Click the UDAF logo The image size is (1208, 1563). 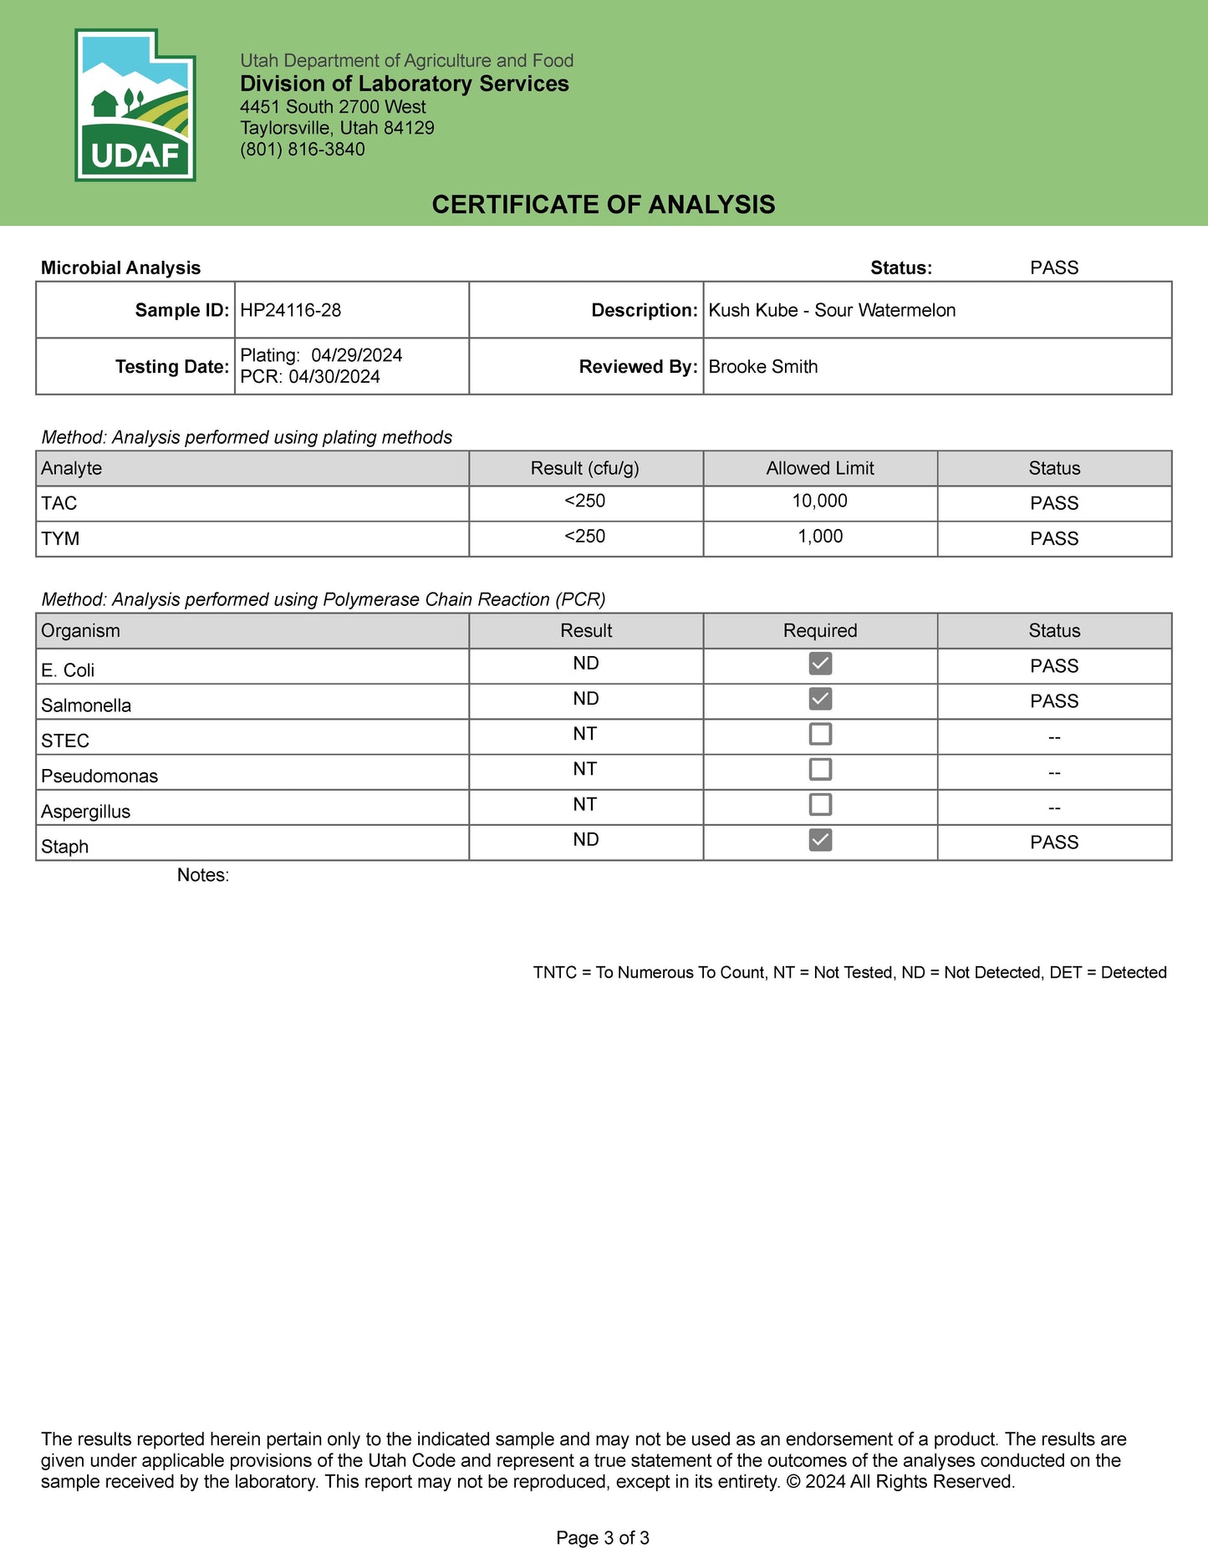pos(135,105)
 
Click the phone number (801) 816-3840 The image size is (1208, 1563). pos(302,150)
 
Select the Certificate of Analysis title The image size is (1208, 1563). pos(603,205)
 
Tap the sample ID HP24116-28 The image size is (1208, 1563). pos(290,310)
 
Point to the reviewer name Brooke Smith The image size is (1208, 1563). pos(762,367)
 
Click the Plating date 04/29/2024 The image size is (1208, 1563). pos(356,355)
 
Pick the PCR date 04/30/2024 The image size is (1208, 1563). pos(334,377)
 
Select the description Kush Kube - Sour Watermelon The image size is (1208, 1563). pos(831,310)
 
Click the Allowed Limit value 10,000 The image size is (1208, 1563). pos(819,501)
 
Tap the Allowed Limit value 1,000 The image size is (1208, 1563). pos(819,537)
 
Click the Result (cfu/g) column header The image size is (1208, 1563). pos(584,469)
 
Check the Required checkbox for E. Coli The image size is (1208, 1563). pos(820,664)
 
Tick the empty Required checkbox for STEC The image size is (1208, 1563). pos(820,734)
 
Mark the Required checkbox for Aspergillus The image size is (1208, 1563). pos(820,805)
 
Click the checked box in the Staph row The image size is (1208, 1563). pos(820,840)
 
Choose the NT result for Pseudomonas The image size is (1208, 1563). pos(584,769)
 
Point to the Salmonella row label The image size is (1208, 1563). pos(86,705)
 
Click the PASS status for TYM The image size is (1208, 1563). pos(1053,539)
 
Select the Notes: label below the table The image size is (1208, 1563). pos(202,875)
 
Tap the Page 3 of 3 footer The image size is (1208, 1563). pos(603,1538)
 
